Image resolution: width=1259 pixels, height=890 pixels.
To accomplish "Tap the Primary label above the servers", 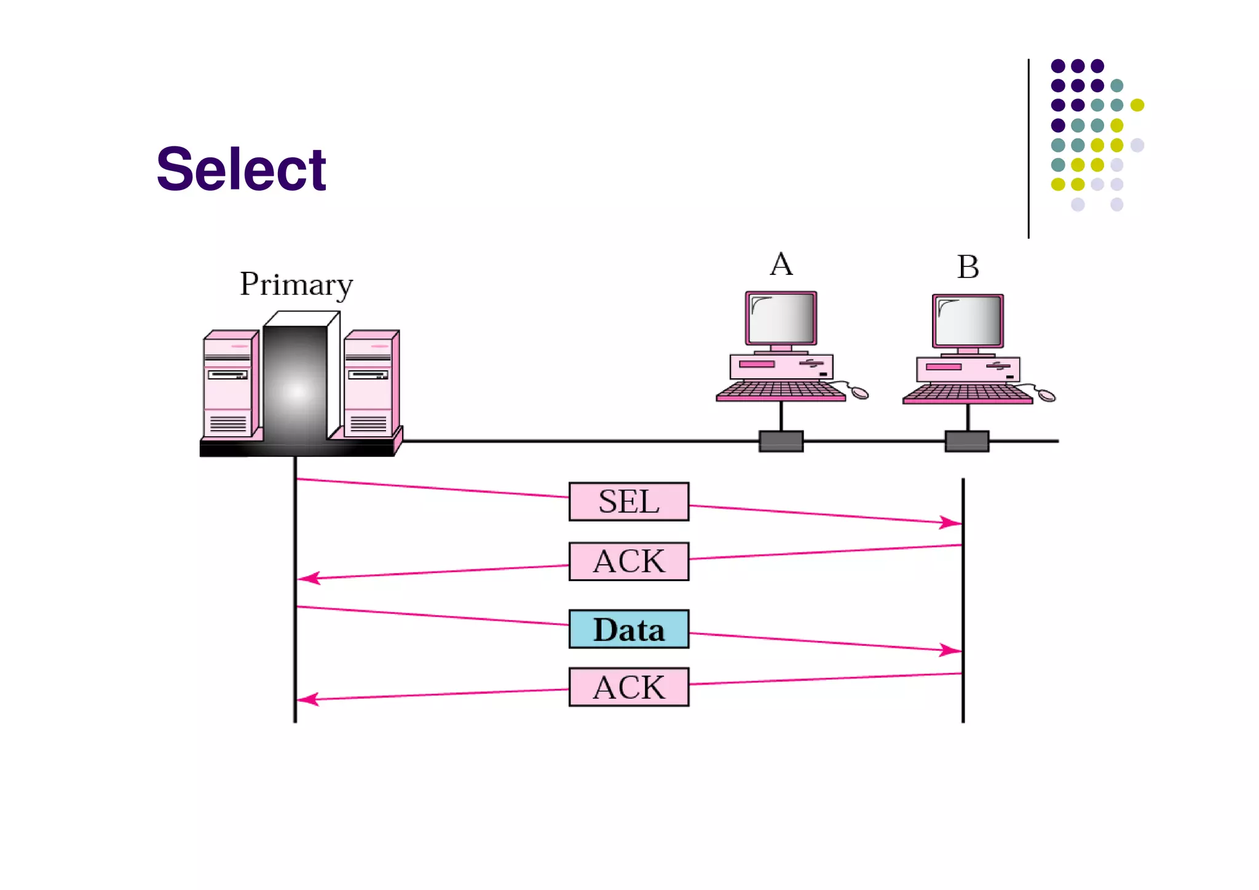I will point(296,285).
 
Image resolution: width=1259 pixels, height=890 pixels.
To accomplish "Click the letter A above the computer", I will point(781,264).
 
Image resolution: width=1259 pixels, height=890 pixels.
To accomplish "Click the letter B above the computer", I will point(968,267).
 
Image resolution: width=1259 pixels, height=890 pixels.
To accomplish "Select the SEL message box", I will point(628,501).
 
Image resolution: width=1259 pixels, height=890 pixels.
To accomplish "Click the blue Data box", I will point(628,629).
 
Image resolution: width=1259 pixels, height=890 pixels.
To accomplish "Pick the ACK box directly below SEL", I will point(628,561).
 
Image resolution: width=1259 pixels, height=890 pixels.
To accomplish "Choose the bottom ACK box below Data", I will point(628,687).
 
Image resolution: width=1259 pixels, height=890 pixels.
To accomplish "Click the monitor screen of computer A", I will point(781,318).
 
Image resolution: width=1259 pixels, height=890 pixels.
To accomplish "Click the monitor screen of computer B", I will point(968,320).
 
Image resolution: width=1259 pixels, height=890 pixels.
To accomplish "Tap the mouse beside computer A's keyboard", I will point(859,392).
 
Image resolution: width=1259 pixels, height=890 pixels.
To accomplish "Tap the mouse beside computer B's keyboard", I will point(1046,395).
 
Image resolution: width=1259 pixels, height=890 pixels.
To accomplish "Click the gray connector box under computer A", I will point(781,441).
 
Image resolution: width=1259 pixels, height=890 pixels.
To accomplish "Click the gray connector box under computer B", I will point(966,441).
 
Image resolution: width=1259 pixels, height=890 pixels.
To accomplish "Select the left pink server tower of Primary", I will point(229,384).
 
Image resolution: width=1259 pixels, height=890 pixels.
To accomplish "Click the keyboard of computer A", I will point(780,391).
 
